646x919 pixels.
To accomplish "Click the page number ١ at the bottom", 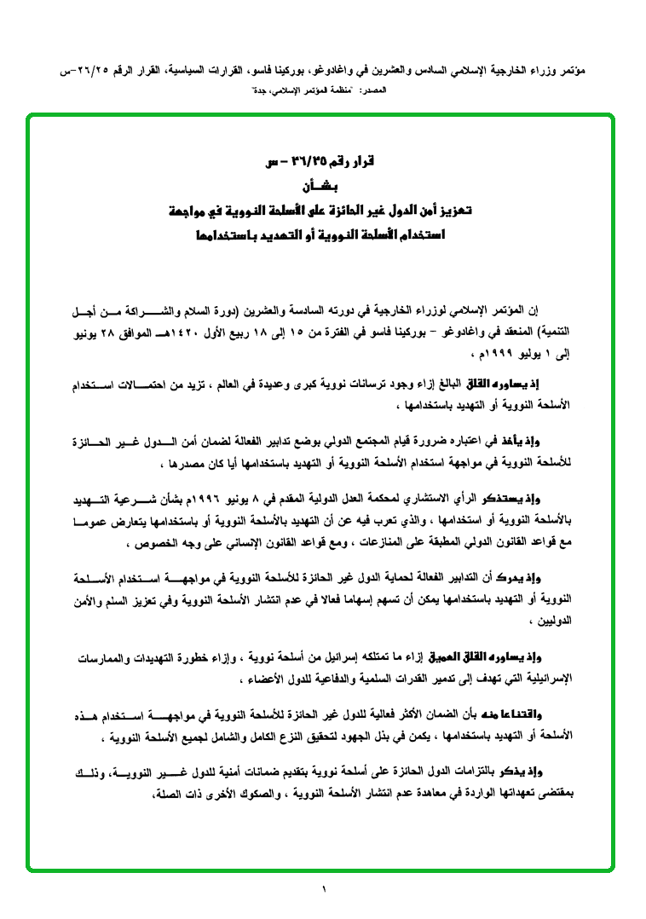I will (324, 890).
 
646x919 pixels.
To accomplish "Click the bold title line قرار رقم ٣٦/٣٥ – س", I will (320, 163).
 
